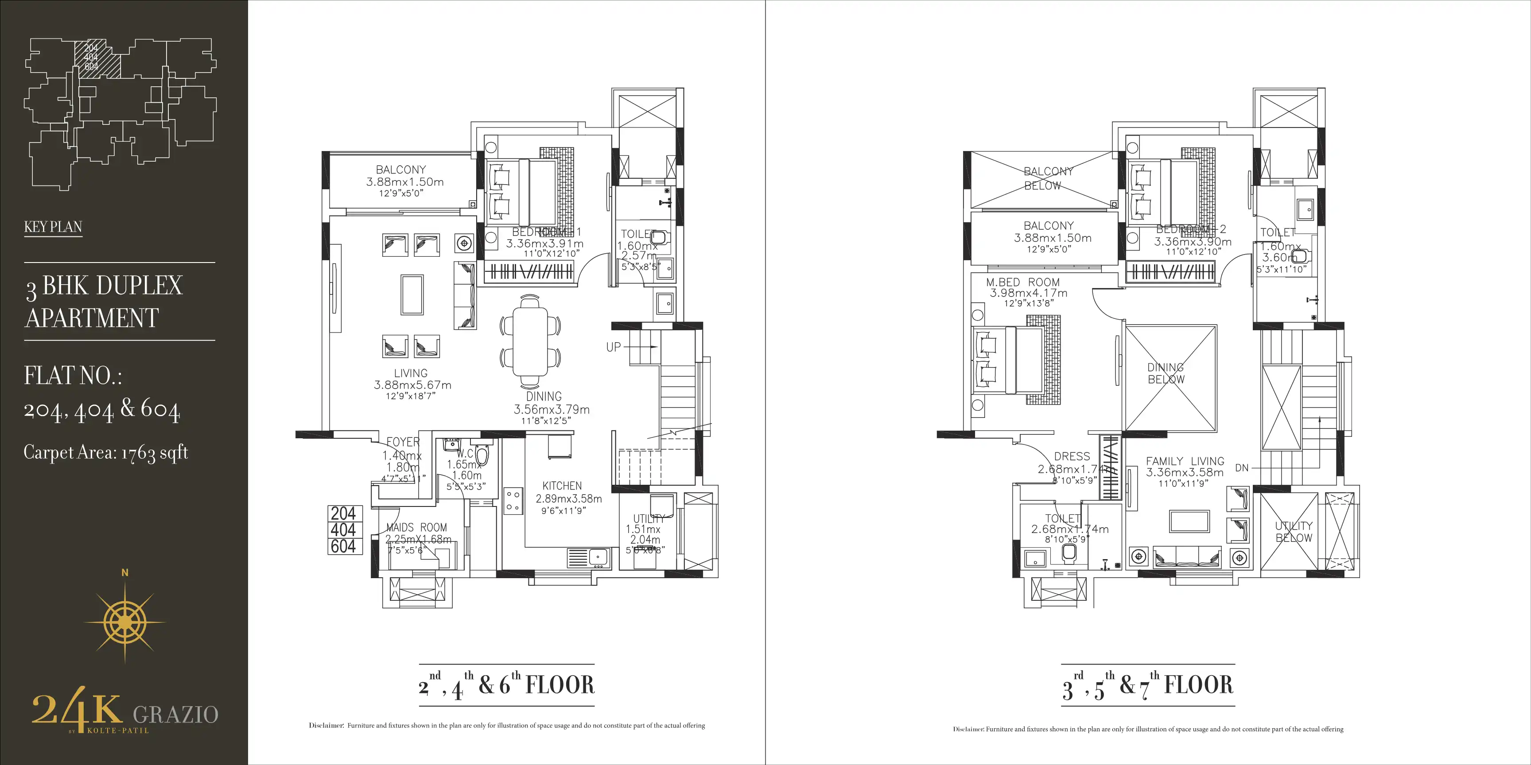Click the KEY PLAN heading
pos(53,227)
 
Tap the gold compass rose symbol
pos(125,622)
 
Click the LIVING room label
pos(411,374)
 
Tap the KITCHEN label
pos(562,486)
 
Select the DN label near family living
pos(1242,468)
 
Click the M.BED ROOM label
pos(1023,283)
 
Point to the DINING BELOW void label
pos(1166,374)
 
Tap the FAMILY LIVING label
pos(1185,461)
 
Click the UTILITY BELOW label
pos(1293,532)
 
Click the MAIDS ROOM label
pos(416,527)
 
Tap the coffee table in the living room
pos(412,294)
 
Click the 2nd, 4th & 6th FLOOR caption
pos(506,685)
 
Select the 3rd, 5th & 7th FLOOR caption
pos(1148,685)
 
